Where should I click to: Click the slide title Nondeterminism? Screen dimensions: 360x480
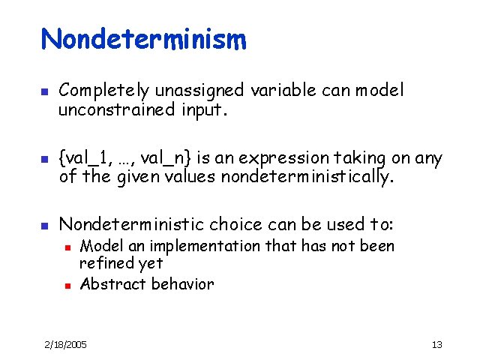pos(143,39)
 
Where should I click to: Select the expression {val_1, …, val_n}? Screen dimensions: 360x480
pos(127,158)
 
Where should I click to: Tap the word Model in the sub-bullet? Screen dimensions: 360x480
pos(97,246)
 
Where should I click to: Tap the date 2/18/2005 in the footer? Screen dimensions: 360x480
pos(64,344)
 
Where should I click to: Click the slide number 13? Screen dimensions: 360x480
pos(437,344)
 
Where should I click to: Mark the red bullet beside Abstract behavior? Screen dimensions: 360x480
pos(67,285)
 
